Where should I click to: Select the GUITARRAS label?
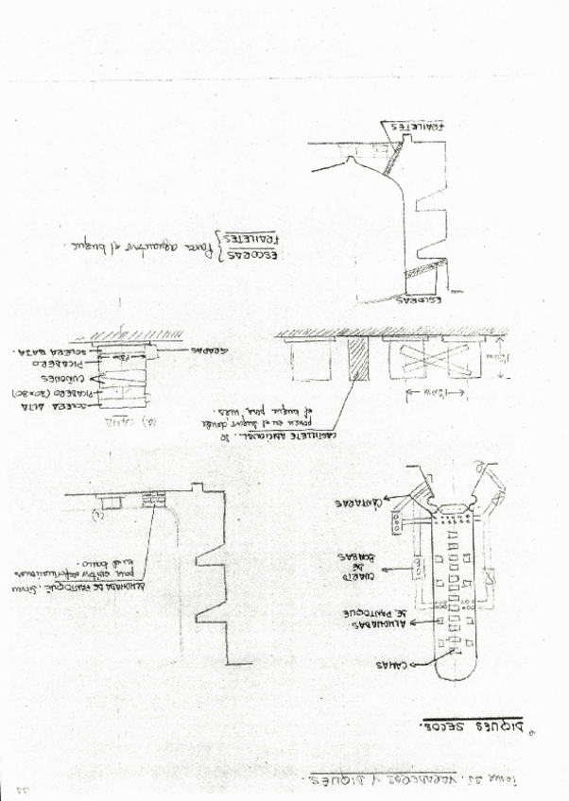pyautogui.click(x=358, y=503)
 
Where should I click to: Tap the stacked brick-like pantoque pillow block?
pyautogui.click(x=151, y=497)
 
